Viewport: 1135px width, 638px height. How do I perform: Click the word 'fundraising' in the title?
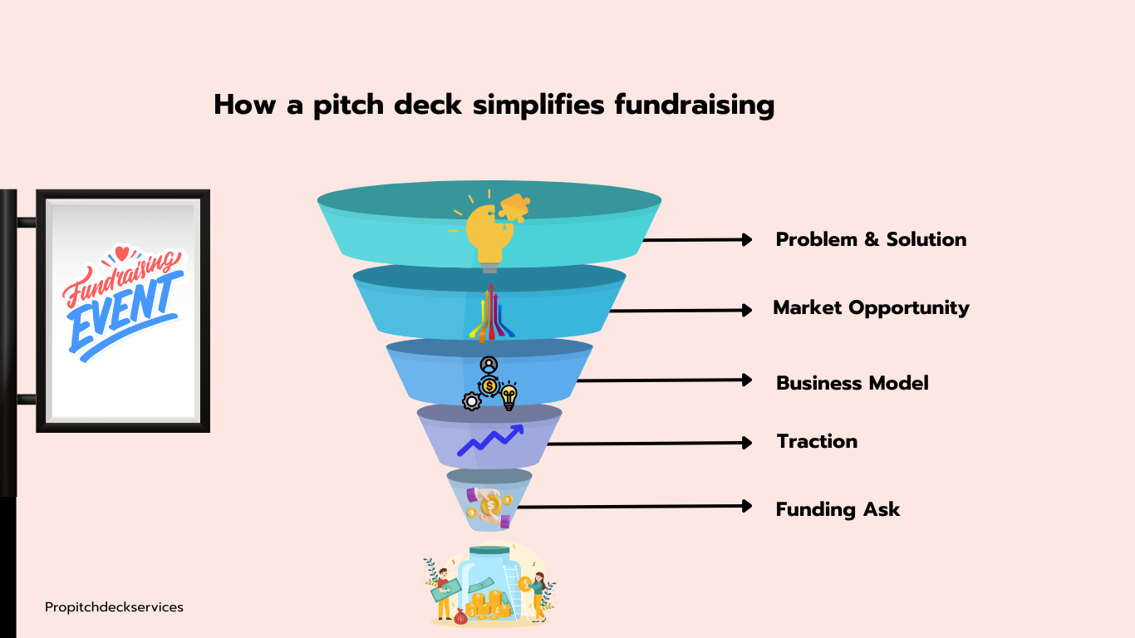point(695,106)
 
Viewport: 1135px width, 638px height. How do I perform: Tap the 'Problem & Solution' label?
point(871,240)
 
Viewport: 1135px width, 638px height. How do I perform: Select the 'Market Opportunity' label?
point(871,308)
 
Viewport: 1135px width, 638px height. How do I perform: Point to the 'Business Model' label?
point(852,383)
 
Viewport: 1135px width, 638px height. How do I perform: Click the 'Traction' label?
point(818,441)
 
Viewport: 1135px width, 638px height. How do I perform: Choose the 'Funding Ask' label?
point(838,509)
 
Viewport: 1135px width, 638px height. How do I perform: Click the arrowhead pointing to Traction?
point(747,443)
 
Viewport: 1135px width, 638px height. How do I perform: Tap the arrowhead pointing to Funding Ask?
point(747,506)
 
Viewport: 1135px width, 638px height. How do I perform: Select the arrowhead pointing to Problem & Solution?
point(747,240)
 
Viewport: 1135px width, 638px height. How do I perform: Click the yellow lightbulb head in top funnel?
point(489,233)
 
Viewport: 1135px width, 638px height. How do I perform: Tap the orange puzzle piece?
point(515,208)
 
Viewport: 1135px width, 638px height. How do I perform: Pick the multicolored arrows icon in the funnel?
point(491,313)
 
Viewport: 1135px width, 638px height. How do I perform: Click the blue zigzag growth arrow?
point(490,440)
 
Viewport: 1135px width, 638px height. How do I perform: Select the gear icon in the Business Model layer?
point(472,401)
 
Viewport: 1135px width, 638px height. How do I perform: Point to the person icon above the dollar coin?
point(489,365)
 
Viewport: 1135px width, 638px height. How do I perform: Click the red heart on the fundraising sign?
point(121,253)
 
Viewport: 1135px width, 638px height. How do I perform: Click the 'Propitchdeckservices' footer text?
point(114,607)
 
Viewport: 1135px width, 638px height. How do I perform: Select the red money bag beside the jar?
point(460,616)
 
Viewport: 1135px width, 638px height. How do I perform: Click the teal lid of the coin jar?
point(489,551)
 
